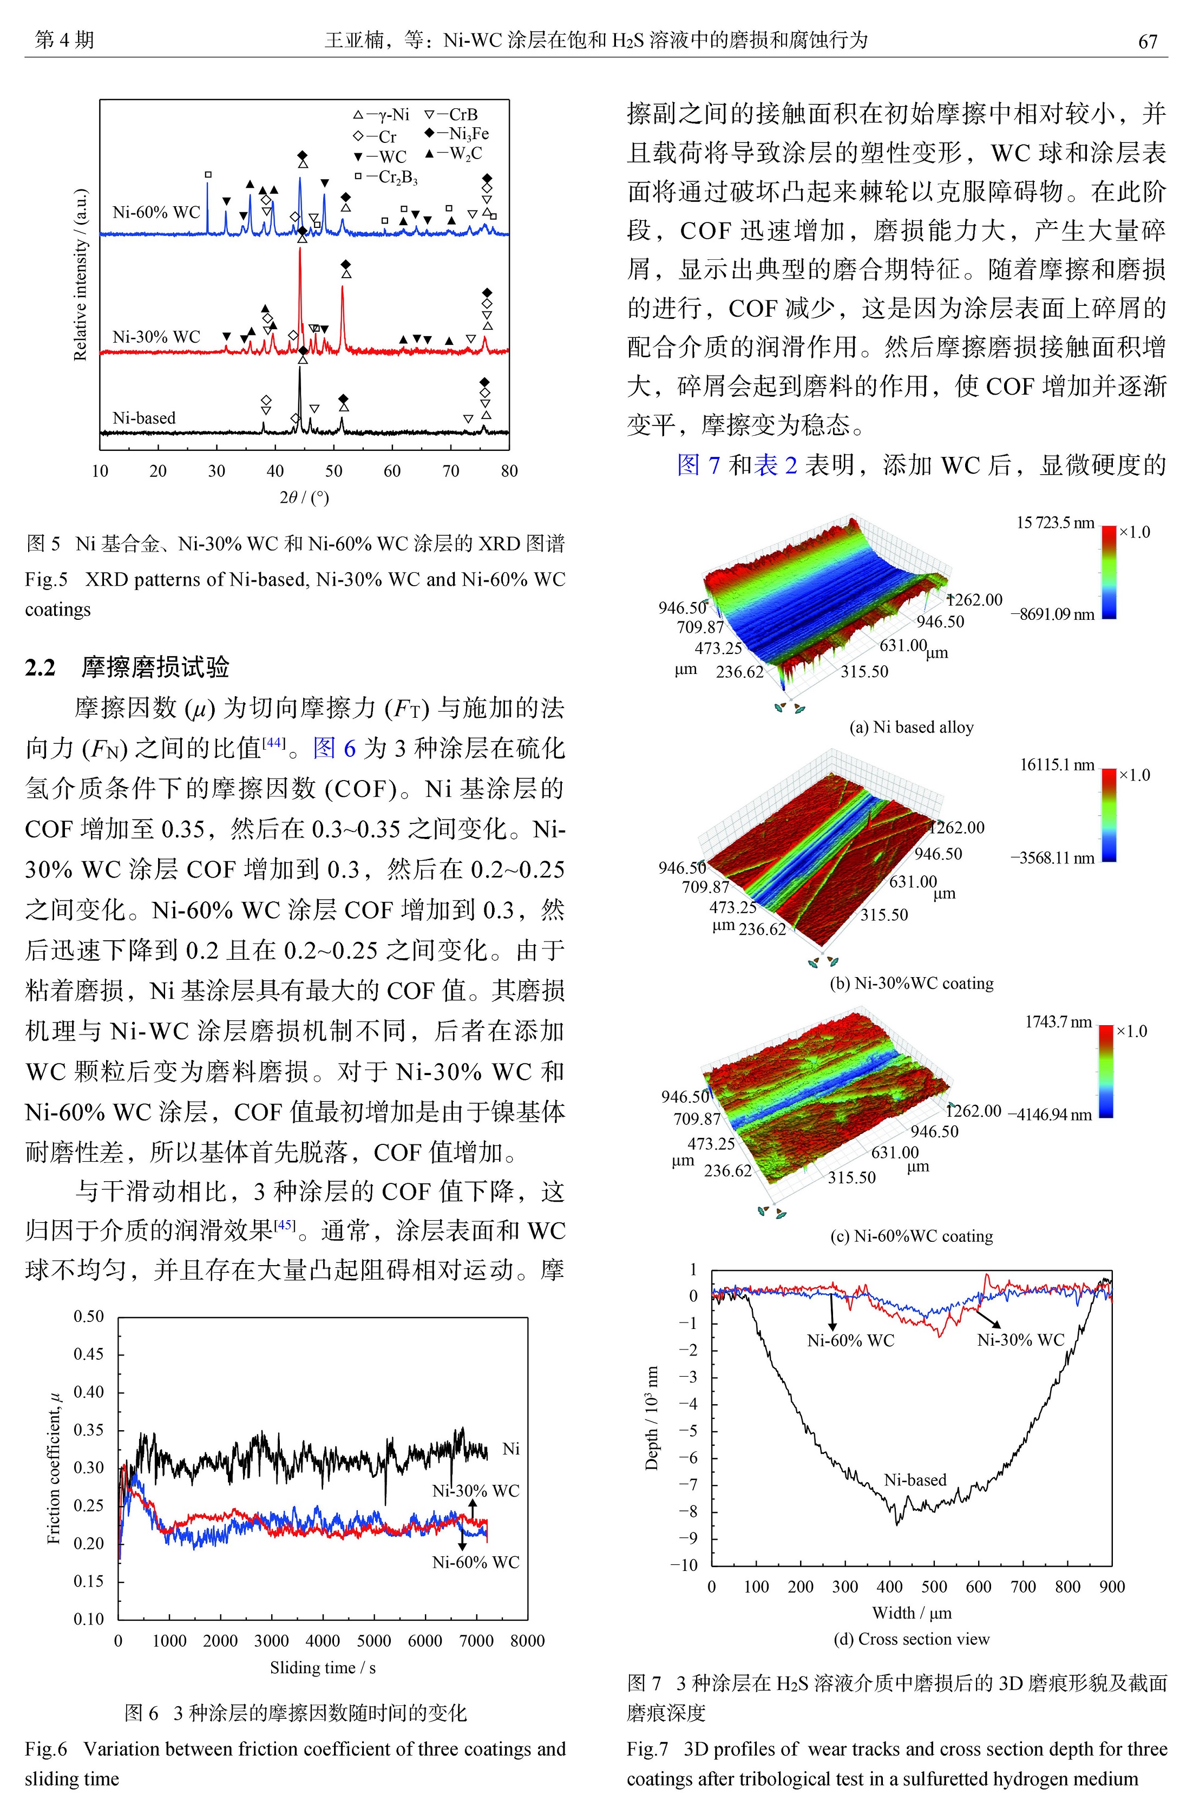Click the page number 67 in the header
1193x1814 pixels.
pos(1148,41)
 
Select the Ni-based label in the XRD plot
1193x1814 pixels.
pos(143,418)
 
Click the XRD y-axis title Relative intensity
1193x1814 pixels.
pos(81,274)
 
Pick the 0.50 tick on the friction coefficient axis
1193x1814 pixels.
pos(88,1317)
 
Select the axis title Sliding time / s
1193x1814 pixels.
pos(323,1668)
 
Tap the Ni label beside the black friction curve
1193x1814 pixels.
pos(511,1449)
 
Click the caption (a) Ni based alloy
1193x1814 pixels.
pos(911,727)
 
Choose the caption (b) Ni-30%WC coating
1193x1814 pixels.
pos(911,983)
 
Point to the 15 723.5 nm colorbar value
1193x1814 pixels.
pos(1055,523)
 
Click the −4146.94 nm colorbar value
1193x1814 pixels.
pos(1051,1114)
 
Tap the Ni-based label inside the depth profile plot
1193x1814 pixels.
pos(915,1480)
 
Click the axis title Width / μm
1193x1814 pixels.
pos(912,1613)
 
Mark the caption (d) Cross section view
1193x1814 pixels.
pos(912,1639)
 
